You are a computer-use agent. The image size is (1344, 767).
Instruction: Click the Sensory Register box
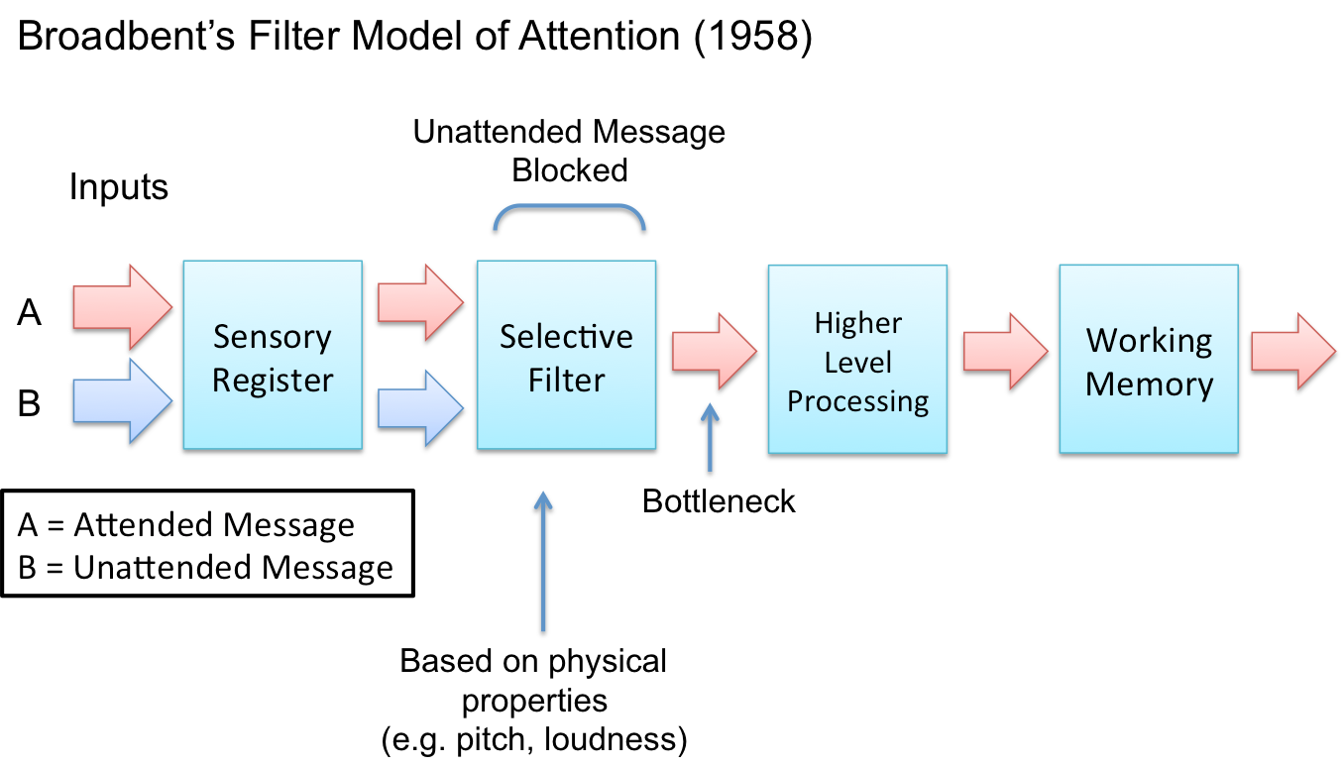273,355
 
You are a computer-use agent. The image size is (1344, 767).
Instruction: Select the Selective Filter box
566,355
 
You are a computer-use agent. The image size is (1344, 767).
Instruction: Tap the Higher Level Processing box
858,359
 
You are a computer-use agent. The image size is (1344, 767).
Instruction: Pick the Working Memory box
1149,359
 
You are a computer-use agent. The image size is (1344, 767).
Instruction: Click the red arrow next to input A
122,307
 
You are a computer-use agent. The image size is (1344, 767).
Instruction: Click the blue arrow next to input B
122,401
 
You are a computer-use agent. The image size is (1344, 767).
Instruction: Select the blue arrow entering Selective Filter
420,408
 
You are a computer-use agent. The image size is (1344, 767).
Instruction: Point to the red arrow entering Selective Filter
420,303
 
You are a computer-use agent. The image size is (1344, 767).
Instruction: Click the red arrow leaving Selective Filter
714,351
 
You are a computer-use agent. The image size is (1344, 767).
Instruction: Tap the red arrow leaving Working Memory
1293,351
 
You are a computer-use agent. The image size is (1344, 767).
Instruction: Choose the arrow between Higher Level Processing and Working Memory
1006,351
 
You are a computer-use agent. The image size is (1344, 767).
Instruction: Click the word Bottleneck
719,501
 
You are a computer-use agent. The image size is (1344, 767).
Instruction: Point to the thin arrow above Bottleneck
710,437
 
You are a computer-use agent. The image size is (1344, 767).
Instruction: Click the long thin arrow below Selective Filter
543,561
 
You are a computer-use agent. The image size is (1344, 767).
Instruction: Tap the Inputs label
119,186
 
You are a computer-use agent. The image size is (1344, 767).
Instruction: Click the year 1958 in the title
753,36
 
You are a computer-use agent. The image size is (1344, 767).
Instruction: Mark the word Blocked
569,170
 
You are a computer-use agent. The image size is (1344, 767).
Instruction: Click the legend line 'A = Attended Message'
186,525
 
